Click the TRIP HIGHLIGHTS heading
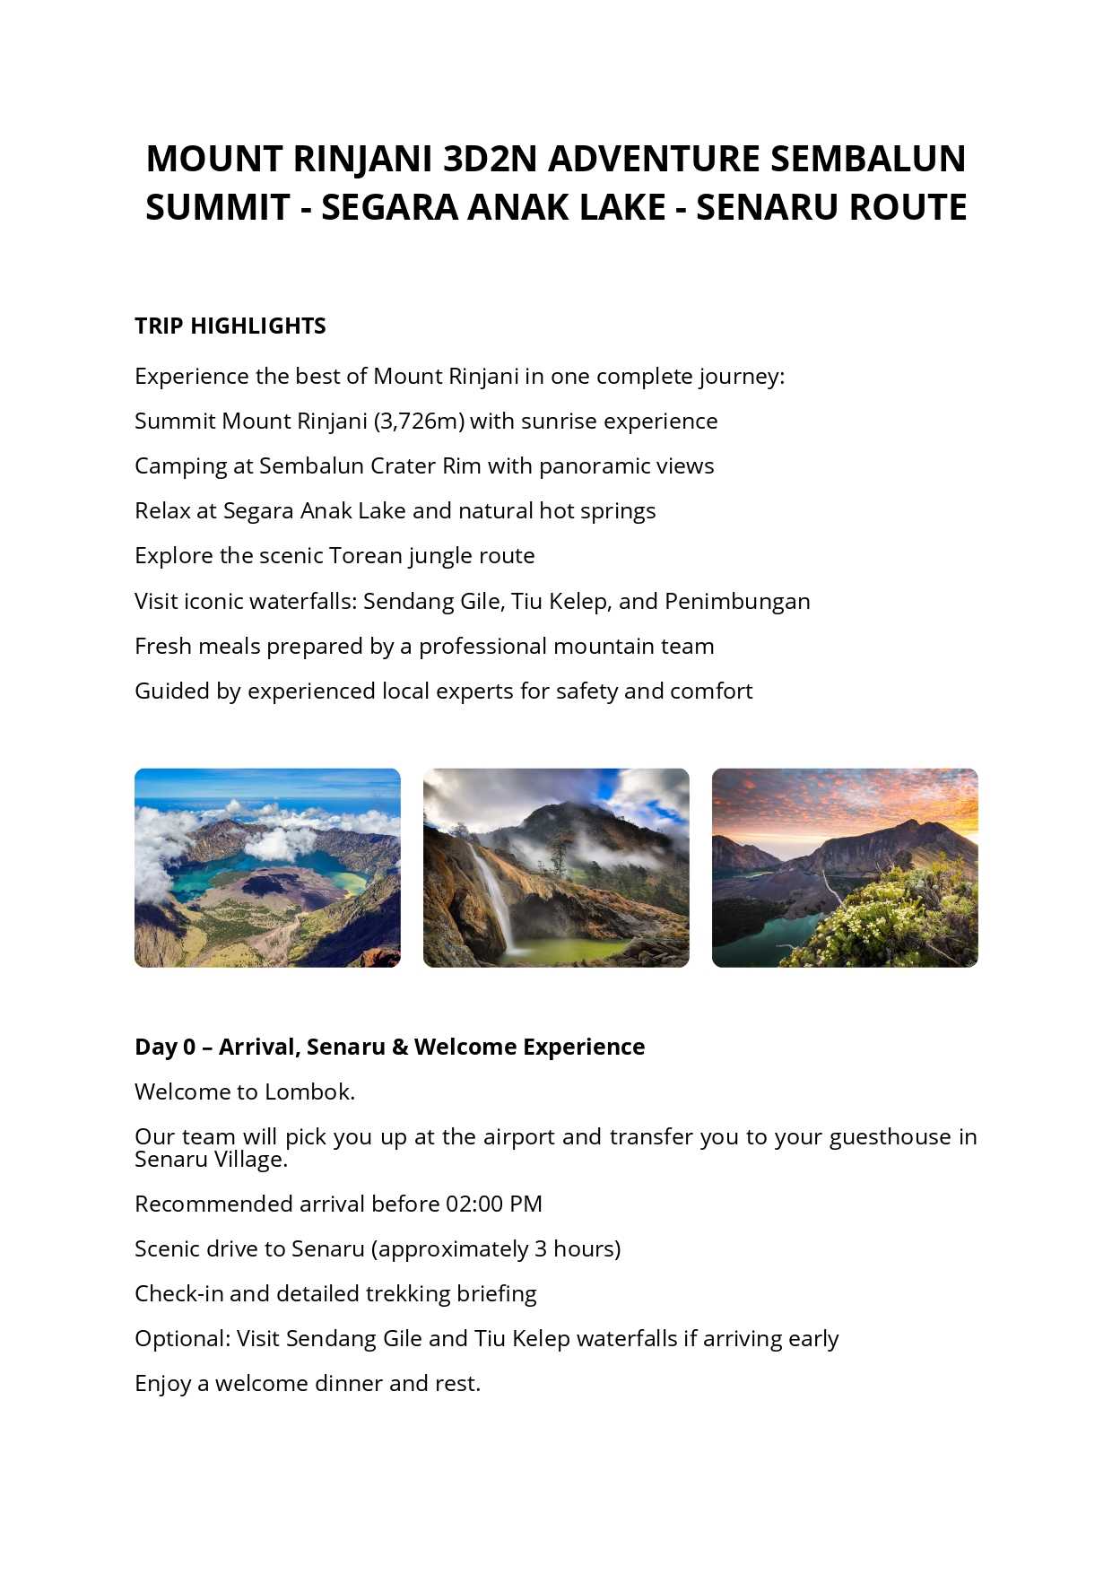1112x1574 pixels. click(230, 326)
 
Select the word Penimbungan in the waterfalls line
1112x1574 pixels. click(737, 602)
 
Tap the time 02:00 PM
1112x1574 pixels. click(493, 1204)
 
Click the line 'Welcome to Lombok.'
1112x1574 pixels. click(245, 1091)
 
